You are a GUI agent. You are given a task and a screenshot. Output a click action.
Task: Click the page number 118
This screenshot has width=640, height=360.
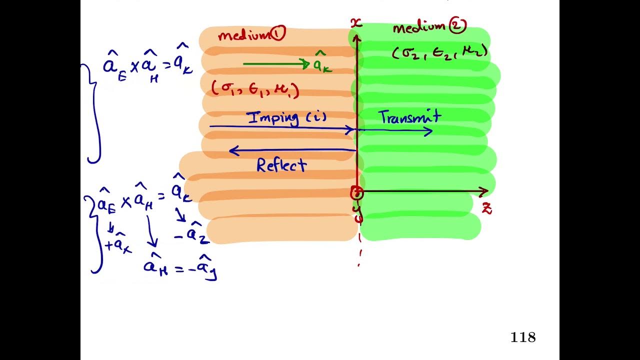coord(523,337)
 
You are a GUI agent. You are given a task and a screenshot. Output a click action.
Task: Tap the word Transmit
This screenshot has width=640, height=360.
coord(409,117)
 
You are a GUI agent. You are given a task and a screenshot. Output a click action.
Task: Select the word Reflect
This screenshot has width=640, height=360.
coord(281,165)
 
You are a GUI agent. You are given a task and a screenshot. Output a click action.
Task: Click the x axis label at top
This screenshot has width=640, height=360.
coord(355,22)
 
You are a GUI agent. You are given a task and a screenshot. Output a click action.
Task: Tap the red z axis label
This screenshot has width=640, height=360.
coord(486,208)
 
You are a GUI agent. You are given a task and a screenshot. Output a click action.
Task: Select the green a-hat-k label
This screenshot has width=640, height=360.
coord(322,63)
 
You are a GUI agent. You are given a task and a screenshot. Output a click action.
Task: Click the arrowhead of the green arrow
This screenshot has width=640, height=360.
coord(306,63)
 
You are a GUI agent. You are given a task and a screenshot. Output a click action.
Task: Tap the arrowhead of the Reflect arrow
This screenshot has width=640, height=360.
coord(232,150)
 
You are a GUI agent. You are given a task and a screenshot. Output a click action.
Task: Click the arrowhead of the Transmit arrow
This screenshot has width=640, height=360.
coord(428,131)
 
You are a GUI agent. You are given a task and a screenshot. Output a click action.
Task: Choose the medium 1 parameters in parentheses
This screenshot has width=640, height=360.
coord(255,89)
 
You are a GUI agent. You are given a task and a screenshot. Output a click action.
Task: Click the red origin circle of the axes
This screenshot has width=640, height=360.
coord(356,192)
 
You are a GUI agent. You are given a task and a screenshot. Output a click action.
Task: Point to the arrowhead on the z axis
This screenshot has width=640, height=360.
coord(483,192)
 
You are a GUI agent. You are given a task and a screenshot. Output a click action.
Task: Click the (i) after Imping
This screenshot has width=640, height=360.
coord(315,118)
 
